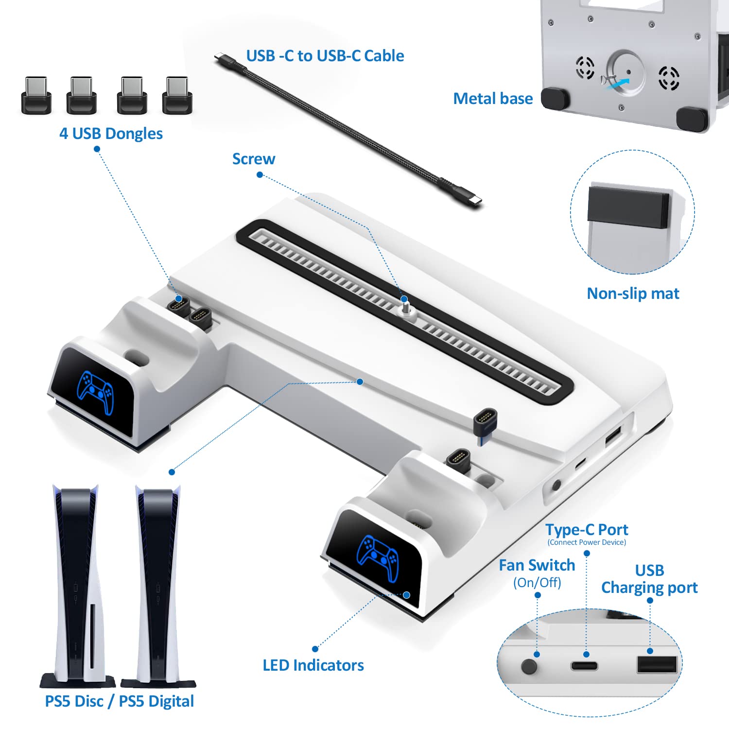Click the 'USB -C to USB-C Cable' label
click(x=325, y=56)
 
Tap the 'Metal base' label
click(x=493, y=99)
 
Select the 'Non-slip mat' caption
click(x=633, y=294)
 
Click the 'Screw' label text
click(x=254, y=159)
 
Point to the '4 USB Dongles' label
click(x=111, y=134)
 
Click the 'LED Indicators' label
click(x=313, y=665)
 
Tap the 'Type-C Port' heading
click(x=587, y=529)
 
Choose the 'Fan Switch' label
click(x=537, y=565)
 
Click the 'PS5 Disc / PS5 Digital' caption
click(x=120, y=701)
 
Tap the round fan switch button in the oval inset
click(x=529, y=665)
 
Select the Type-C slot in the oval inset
click(x=585, y=666)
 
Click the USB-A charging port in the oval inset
click(x=657, y=664)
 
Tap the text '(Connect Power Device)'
click(x=587, y=542)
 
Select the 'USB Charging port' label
click(x=649, y=579)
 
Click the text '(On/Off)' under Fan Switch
click(x=537, y=583)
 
